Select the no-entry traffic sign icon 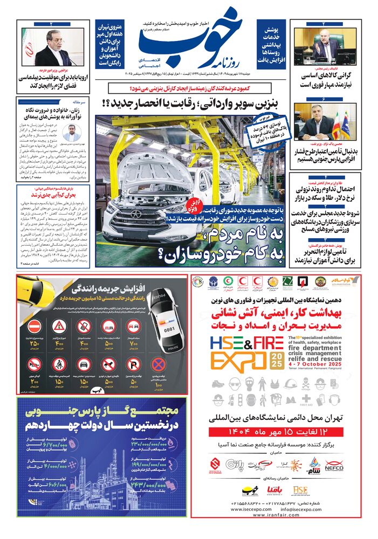tap(35, 326)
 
